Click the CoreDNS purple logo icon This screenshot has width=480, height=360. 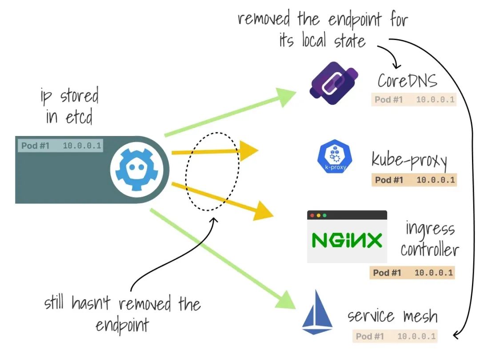[333, 86]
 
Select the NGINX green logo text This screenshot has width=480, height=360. [347, 240]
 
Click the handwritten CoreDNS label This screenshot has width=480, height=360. [407, 81]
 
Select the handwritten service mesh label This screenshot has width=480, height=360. [392, 316]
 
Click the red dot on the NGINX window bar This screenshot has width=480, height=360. [312, 216]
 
